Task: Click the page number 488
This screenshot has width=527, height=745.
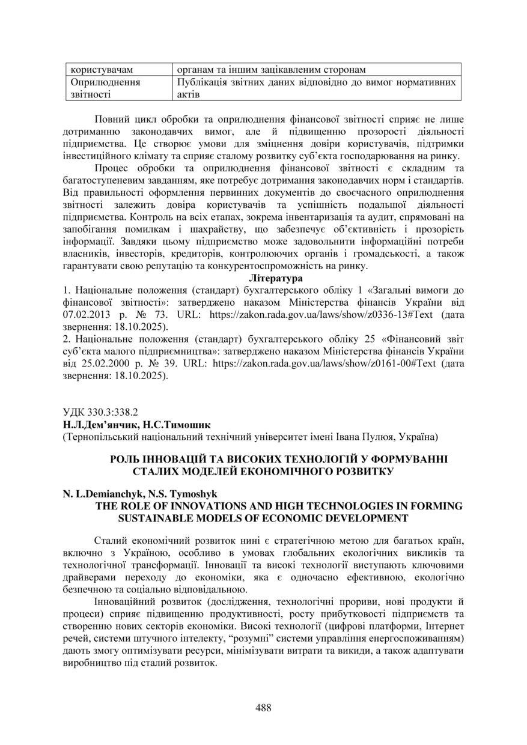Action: [263, 707]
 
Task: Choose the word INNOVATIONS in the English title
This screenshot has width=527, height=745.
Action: [216, 506]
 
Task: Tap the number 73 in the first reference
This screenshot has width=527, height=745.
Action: [148, 314]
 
